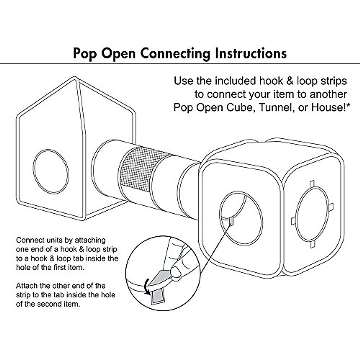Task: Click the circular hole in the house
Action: coord(51,171)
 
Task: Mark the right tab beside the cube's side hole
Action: coord(331,207)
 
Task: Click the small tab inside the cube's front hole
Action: coord(232,221)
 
